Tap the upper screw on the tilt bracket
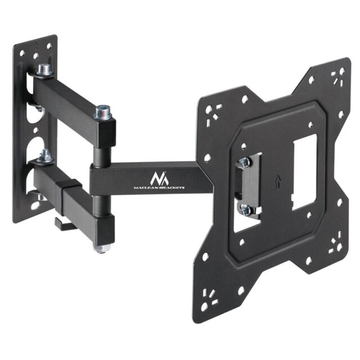pyautogui.click(x=244, y=162)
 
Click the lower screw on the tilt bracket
pyautogui.click(x=245, y=209)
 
